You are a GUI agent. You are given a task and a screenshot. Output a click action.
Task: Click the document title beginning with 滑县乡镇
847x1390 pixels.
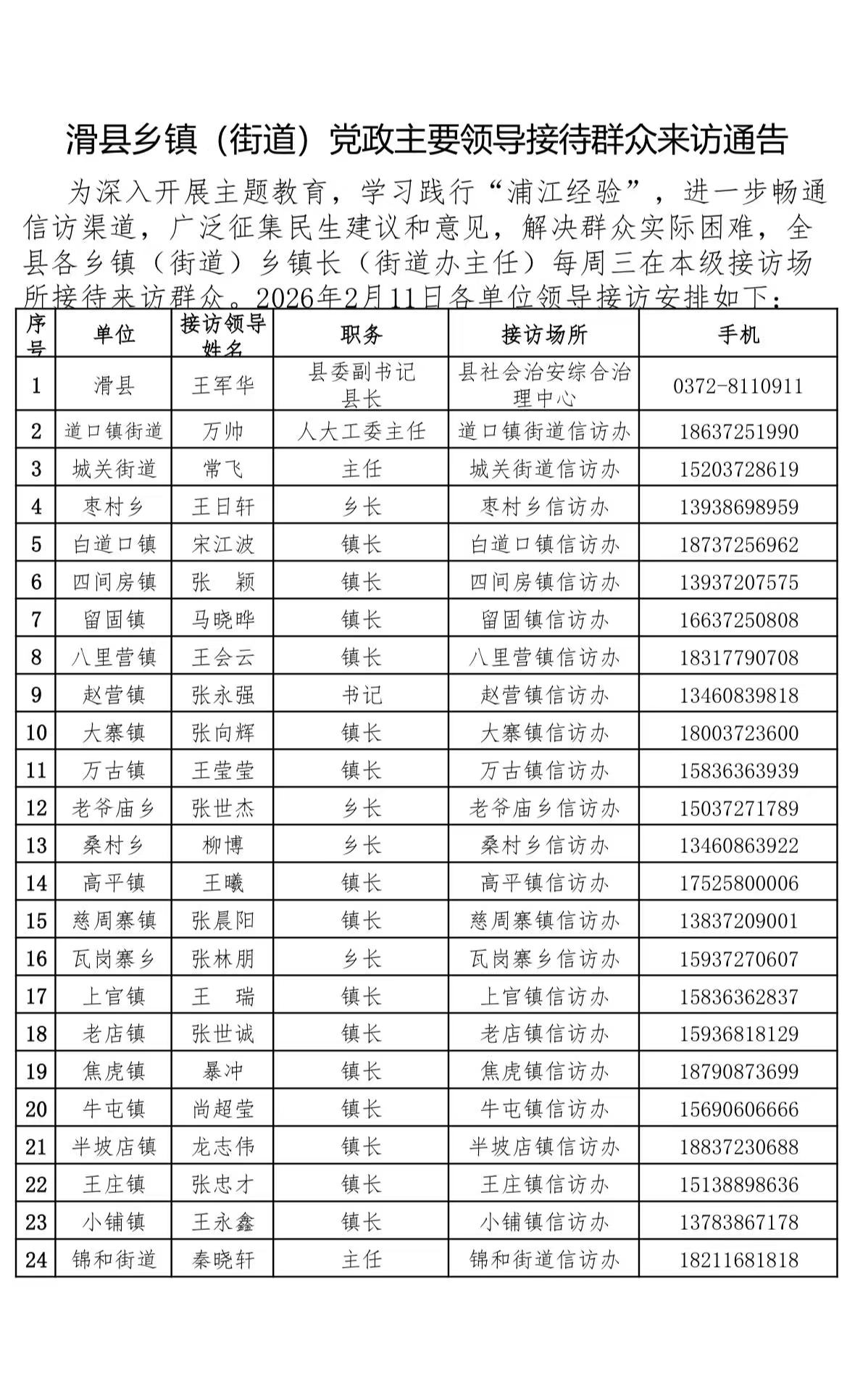click(426, 139)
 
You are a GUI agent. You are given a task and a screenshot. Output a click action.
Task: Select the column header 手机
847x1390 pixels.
click(738, 334)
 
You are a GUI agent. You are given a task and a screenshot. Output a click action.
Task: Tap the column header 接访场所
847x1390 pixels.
click(543, 334)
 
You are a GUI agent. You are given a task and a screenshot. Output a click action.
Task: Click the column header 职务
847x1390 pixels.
click(361, 334)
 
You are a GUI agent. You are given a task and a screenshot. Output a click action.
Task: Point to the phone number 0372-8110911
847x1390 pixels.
click(738, 386)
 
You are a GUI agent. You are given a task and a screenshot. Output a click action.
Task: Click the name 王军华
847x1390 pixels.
click(222, 385)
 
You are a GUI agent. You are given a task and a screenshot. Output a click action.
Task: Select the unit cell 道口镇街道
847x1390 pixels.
click(114, 431)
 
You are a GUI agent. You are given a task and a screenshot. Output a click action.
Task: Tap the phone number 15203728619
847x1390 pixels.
click(738, 469)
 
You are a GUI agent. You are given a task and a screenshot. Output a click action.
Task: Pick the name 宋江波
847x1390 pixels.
click(222, 544)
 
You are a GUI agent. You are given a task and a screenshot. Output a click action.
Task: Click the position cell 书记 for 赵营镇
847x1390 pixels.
click(361, 695)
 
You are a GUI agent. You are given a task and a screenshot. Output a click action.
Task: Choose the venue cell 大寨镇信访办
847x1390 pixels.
click(543, 733)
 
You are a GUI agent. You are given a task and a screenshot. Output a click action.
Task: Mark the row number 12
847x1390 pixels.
click(36, 808)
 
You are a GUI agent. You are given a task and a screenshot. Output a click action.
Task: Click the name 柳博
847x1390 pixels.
click(222, 845)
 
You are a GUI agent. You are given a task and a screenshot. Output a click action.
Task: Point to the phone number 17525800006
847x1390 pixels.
click(738, 883)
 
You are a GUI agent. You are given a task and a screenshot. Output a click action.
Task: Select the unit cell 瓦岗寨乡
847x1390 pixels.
click(114, 959)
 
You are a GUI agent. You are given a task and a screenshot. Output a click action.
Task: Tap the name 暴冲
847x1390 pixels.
click(222, 1071)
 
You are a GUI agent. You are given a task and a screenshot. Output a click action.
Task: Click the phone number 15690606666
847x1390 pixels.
click(738, 1109)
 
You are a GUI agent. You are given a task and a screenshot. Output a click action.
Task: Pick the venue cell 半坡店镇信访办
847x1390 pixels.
click(543, 1146)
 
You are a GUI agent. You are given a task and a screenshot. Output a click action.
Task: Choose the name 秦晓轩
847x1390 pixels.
click(222, 1260)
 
